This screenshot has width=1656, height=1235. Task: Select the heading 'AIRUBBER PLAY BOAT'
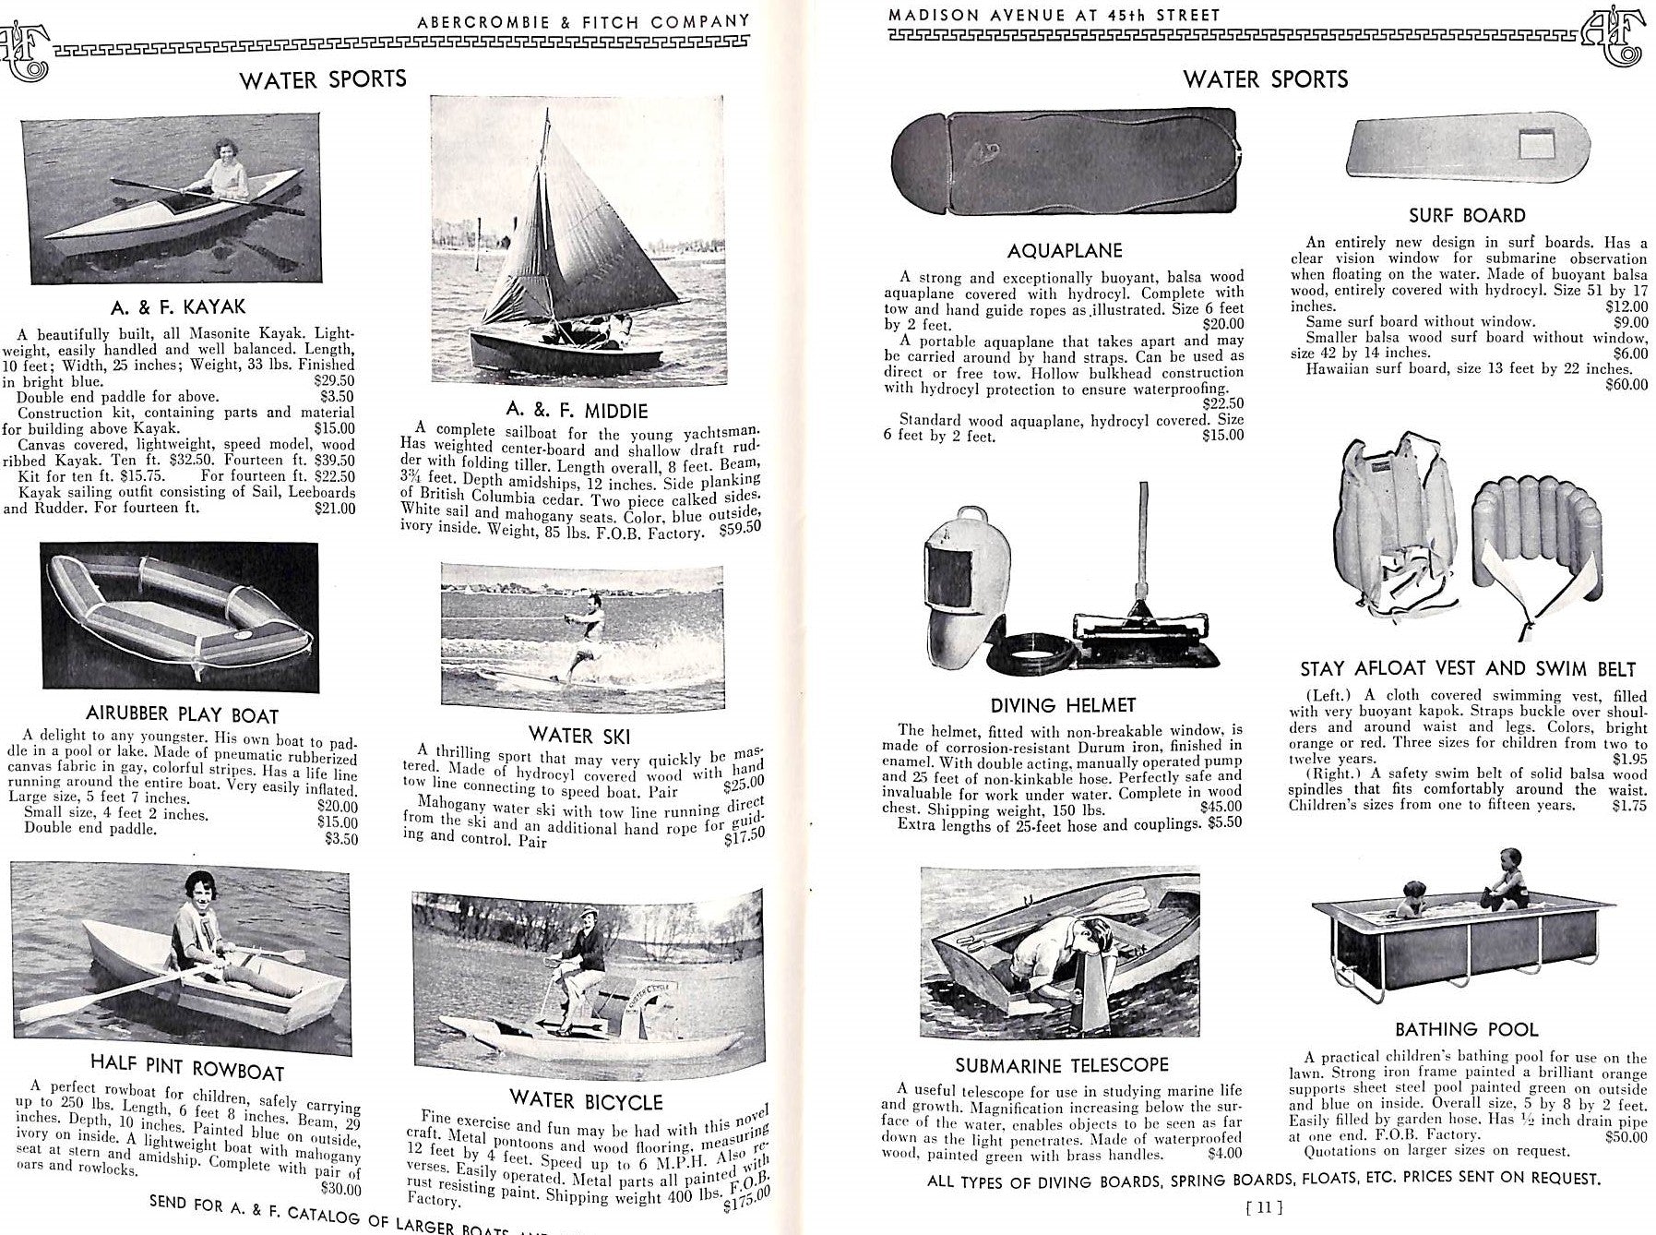[x=182, y=715]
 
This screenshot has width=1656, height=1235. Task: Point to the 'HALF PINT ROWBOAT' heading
[x=187, y=1069]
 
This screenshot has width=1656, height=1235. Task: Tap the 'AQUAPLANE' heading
[x=1064, y=251]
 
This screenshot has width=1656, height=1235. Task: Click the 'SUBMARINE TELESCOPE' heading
[x=1061, y=1065]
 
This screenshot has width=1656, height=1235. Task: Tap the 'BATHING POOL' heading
[x=1466, y=1029]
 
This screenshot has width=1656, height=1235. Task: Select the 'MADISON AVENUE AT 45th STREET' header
[x=1054, y=15]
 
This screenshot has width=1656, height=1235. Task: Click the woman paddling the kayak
[x=224, y=172]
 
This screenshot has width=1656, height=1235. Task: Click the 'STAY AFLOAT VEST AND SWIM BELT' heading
[x=1467, y=669]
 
